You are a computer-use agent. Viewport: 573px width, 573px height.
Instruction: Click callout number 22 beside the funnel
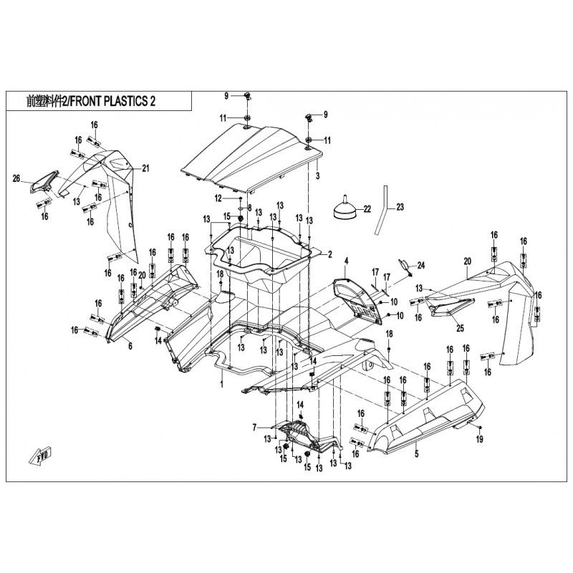367,209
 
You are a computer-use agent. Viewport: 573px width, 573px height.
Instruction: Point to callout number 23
400,207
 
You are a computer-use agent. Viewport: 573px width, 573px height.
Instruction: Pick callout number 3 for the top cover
317,175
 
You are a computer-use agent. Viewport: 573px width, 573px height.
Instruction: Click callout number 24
421,266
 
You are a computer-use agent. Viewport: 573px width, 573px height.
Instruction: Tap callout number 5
415,453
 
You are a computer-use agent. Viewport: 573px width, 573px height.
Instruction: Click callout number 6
130,346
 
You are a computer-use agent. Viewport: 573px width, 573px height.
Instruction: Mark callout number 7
254,428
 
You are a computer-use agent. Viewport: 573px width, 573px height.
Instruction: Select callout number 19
480,438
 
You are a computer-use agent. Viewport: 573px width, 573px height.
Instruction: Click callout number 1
221,384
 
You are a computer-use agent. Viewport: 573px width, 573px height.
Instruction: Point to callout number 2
330,254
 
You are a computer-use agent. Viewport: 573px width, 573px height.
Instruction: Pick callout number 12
217,197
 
